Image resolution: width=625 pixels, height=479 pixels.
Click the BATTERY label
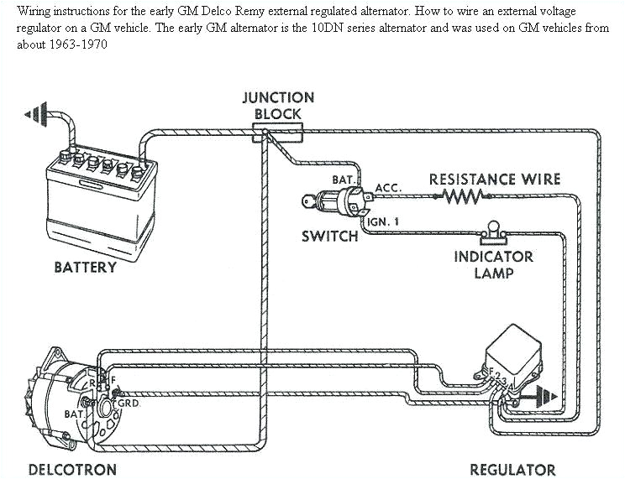pyautogui.click(x=85, y=268)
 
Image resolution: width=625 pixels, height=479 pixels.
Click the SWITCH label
pyautogui.click(x=329, y=237)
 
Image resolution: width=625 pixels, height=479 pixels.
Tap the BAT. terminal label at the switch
pyautogui.click(x=344, y=180)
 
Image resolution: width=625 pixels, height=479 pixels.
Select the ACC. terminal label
pyautogui.click(x=387, y=188)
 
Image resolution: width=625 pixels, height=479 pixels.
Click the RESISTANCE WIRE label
pyautogui.click(x=494, y=180)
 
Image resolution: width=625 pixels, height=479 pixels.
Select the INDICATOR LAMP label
pyautogui.click(x=493, y=265)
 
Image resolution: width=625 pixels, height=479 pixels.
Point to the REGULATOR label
pyautogui.click(x=512, y=470)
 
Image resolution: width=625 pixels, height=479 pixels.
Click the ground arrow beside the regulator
pyautogui.click(x=548, y=393)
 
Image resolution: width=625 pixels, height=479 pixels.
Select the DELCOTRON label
pyautogui.click(x=72, y=470)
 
